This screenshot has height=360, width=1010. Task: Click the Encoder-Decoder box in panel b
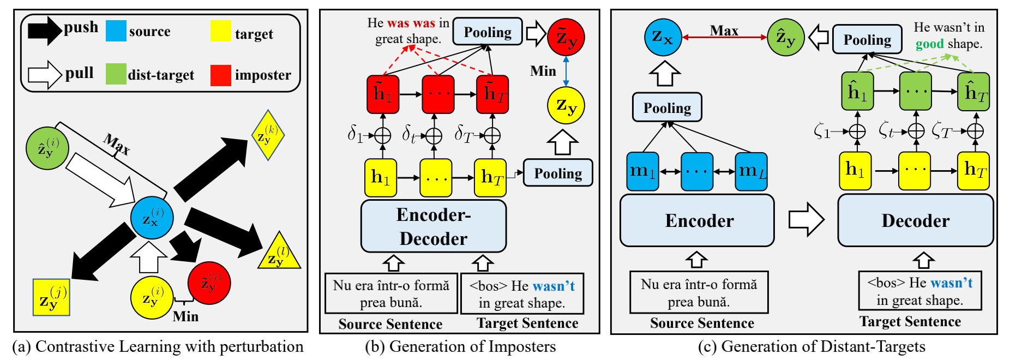pyautogui.click(x=434, y=226)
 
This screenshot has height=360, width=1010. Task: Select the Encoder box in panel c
pyautogui.click(x=697, y=220)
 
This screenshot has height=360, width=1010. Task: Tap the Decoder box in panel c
pyautogui.click(x=915, y=220)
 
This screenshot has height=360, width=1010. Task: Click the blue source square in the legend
pyautogui.click(x=116, y=31)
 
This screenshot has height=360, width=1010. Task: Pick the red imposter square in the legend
pyautogui.click(x=221, y=75)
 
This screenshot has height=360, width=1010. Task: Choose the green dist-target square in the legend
pyautogui.click(x=116, y=74)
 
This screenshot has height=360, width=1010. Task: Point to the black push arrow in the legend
pyautogui.click(x=45, y=31)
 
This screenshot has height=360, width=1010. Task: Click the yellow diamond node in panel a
pyautogui.click(x=268, y=135)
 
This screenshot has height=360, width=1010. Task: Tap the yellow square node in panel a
pyautogui.click(x=51, y=297)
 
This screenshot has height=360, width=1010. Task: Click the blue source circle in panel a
pyautogui.click(x=152, y=218)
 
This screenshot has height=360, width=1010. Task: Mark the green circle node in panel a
pyautogui.click(x=47, y=148)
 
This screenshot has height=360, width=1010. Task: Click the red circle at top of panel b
pyautogui.click(x=566, y=37)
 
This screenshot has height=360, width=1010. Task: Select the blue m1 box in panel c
pyautogui.click(x=642, y=171)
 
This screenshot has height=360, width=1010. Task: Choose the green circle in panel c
pyautogui.click(x=785, y=37)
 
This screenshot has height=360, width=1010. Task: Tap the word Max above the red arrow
pyautogui.click(x=724, y=31)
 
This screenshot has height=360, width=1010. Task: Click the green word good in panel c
pyautogui.click(x=929, y=44)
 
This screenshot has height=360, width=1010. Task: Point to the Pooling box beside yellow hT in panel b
pyautogui.click(x=557, y=173)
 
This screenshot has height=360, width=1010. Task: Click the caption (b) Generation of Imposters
pyautogui.click(x=460, y=346)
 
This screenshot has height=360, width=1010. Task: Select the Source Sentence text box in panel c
pyautogui.click(x=699, y=292)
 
